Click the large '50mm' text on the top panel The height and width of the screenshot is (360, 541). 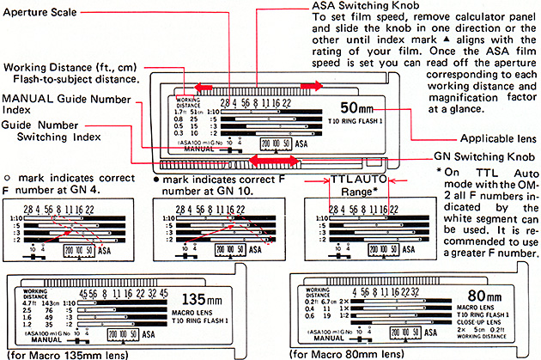click(360, 110)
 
